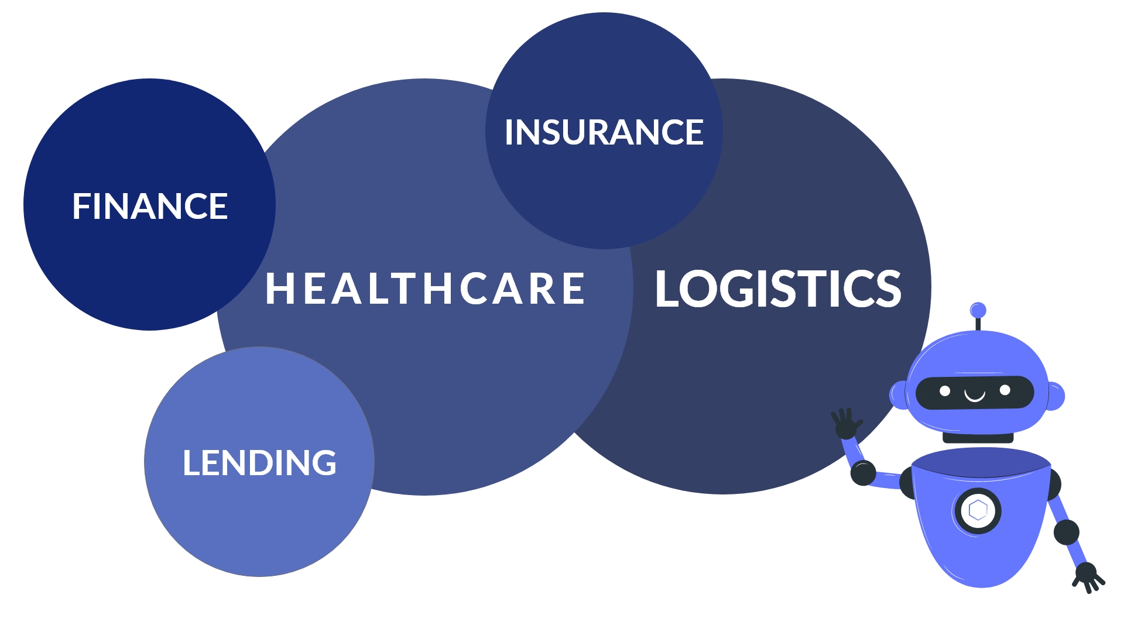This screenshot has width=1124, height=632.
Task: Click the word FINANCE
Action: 150,206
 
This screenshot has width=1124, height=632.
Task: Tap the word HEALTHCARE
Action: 425,288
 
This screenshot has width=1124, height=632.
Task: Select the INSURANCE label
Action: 604,132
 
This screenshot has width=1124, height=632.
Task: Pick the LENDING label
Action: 259,463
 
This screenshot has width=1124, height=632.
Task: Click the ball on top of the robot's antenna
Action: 978,310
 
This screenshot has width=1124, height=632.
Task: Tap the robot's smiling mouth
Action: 975,396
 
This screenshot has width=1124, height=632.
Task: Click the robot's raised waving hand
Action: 845,424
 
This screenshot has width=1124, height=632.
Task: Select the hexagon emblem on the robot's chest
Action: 978,510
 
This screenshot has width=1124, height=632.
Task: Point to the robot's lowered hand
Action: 1088,576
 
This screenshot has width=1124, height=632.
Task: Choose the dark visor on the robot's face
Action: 975,392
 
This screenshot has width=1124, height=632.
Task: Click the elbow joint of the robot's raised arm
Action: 863,473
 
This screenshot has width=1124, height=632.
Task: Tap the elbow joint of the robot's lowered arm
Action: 1067,532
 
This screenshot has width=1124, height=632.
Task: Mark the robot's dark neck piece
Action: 978,438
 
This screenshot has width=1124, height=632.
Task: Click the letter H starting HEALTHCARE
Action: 278,288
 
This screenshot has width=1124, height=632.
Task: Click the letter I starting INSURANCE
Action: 509,132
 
